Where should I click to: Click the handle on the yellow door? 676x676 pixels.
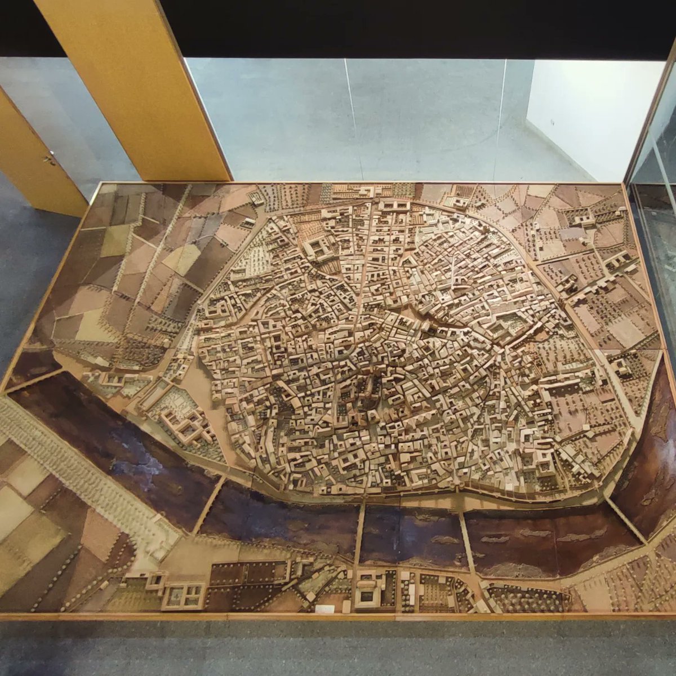pos(50,159)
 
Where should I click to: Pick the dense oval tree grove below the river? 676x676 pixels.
pos(524,597)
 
